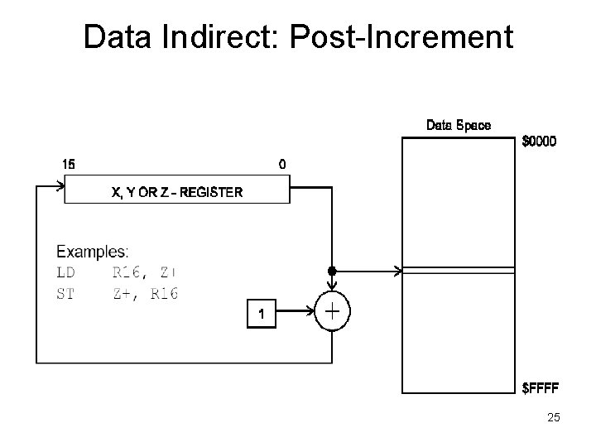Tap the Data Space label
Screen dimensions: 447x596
click(458, 125)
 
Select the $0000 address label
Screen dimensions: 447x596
click(539, 142)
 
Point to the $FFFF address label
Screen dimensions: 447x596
click(540, 387)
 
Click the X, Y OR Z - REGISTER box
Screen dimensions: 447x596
click(177, 193)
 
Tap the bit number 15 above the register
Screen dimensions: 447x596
click(69, 164)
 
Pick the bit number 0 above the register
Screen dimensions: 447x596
click(282, 164)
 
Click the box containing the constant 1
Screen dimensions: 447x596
click(262, 314)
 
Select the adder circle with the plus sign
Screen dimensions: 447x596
click(332, 313)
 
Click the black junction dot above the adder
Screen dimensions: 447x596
click(332, 270)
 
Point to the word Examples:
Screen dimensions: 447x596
click(92, 251)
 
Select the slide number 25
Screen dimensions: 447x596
click(553, 419)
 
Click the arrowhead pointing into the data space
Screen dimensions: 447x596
click(397, 270)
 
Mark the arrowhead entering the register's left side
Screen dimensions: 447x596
click(60, 187)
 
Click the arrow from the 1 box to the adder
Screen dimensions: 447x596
click(299, 314)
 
